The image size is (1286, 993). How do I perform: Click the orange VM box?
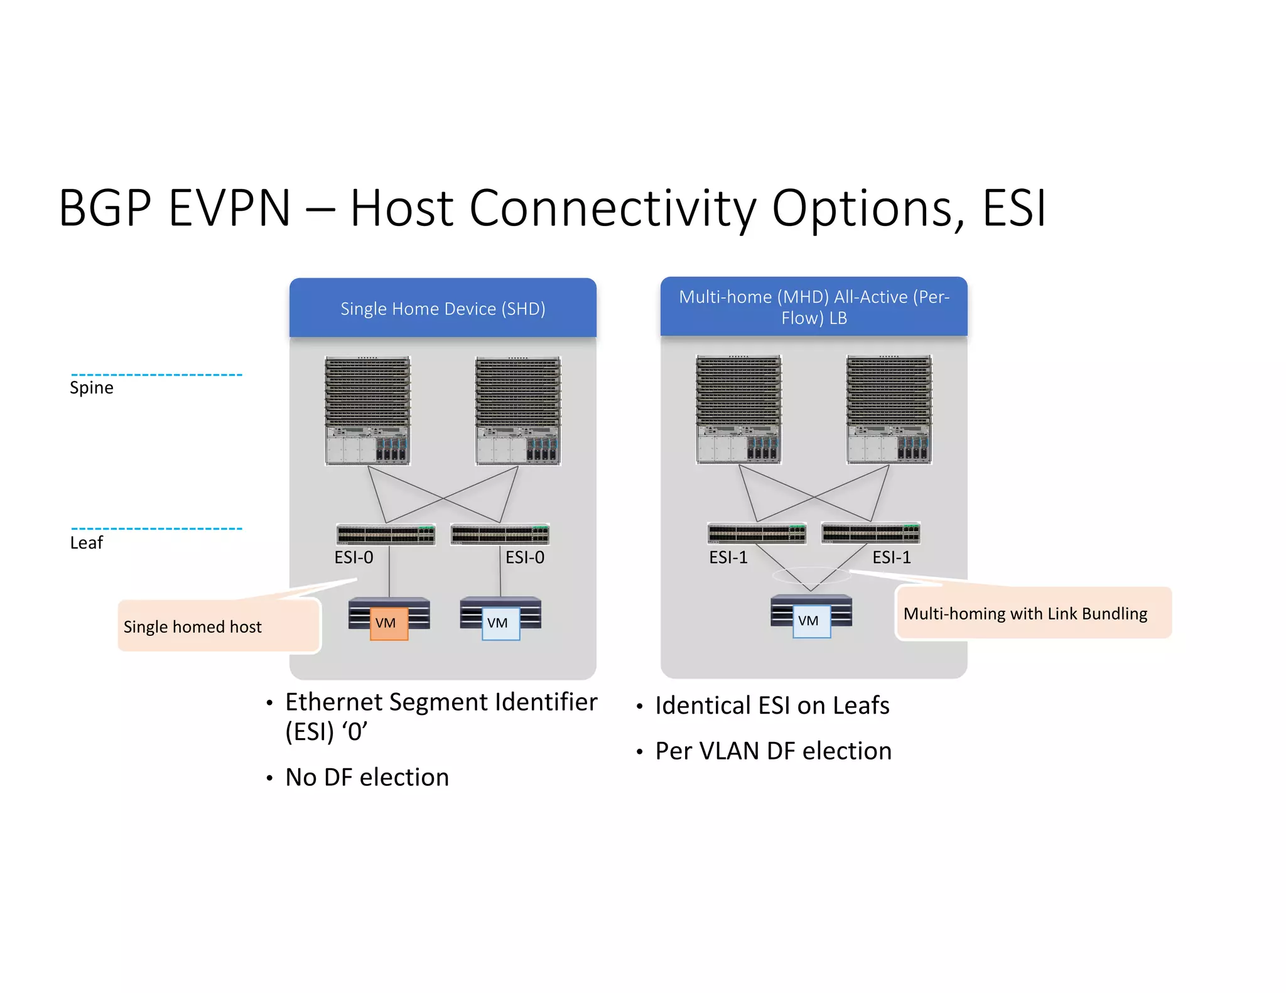(389, 623)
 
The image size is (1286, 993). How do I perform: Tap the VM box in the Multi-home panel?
(811, 621)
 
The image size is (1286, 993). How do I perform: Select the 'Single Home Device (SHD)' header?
(443, 308)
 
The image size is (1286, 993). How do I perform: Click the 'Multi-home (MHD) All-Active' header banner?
(814, 307)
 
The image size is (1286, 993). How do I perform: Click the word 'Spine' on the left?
(92, 388)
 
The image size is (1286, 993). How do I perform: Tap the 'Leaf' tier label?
(87, 543)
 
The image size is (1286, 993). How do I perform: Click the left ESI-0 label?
(354, 557)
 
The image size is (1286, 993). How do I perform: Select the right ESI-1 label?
(891, 557)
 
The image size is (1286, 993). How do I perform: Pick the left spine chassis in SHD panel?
(367, 411)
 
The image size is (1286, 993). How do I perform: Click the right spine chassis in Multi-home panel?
(889, 409)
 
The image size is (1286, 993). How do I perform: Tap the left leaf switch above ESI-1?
(757, 533)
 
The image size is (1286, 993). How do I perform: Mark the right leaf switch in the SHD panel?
(500, 534)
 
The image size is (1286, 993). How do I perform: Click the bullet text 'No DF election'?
(367, 777)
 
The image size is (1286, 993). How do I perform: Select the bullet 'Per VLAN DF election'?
(773, 751)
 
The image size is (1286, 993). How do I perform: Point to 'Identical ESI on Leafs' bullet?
(772, 706)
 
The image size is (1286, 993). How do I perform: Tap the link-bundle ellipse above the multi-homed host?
(811, 575)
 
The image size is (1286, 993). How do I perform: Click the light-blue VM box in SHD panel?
(500, 623)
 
